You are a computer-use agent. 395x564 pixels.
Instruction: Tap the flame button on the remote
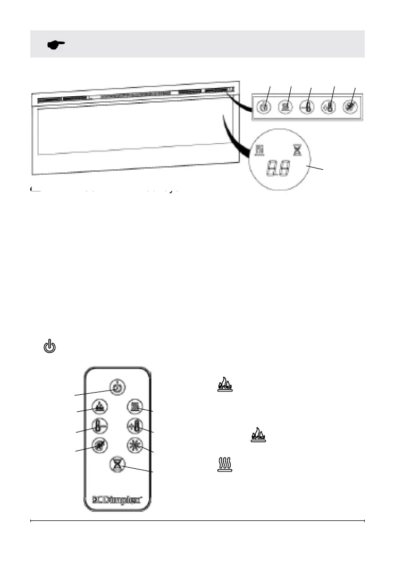tap(99, 407)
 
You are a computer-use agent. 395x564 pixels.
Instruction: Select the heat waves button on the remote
tap(135, 407)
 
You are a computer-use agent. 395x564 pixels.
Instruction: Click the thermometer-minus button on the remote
tap(99, 426)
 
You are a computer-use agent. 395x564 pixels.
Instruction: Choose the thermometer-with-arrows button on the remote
tap(135, 426)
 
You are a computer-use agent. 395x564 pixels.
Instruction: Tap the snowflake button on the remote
tap(135, 445)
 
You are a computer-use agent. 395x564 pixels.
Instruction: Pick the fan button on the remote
tap(99, 445)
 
